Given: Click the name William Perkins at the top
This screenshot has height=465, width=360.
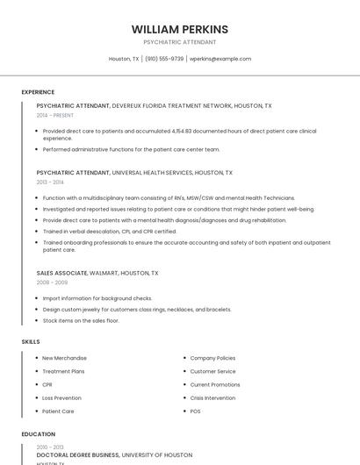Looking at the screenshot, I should pos(179,29).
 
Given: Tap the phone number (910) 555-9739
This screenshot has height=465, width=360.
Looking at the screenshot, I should pos(164,59).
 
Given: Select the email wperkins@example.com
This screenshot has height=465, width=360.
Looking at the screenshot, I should pos(220,59).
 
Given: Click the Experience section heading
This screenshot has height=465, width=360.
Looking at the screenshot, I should pos(38,92).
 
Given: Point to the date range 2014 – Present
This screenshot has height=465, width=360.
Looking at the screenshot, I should pos(55,115).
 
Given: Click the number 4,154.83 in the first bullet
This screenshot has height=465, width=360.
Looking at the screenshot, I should pos(185,131).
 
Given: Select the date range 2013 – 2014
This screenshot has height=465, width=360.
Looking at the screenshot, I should pos(50,182).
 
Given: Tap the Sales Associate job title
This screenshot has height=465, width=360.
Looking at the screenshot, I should pos(61,273).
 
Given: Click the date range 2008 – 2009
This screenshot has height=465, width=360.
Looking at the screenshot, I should pos(52,283).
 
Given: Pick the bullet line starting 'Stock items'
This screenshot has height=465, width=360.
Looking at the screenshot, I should pos(81,321).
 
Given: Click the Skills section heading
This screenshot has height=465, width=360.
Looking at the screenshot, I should pos(31,341).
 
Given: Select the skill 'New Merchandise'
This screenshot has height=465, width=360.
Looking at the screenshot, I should pos(65,358).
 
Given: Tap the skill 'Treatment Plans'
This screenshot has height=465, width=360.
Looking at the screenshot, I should pos(62,371).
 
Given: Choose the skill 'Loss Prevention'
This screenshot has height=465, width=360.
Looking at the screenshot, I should pos(61,397).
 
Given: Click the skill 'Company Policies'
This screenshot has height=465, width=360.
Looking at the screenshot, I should pos(212,358).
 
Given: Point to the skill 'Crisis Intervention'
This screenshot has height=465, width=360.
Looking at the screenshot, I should pos(212,397).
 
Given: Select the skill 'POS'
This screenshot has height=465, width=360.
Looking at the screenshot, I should pos(195,411).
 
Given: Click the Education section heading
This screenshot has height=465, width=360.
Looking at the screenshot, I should pos(39,434).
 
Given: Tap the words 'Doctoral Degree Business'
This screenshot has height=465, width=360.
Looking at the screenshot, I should pos(77,455).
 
